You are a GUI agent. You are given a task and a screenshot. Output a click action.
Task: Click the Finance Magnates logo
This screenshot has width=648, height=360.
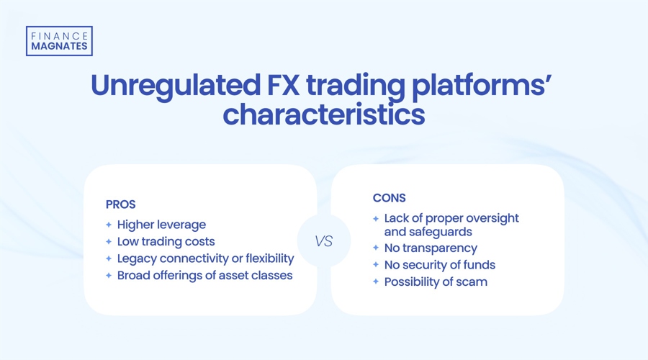(59, 41)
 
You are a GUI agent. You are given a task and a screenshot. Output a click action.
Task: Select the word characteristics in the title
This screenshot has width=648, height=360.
(323, 115)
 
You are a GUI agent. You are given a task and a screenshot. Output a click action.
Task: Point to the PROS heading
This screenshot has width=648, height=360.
(122, 205)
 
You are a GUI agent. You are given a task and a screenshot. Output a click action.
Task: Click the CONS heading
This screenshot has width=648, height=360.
(389, 198)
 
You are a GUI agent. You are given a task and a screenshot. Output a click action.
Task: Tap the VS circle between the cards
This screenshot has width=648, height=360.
(324, 241)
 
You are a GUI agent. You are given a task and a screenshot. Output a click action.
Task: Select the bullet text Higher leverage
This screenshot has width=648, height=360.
(161, 225)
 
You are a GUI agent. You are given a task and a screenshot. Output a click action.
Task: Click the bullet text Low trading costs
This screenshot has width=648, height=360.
(166, 241)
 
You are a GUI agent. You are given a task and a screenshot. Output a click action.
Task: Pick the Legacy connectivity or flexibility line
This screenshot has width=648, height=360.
(205, 258)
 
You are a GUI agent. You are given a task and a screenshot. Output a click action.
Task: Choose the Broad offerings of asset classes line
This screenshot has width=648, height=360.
(204, 274)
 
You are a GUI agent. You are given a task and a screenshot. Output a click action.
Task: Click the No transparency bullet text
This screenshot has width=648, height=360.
(431, 248)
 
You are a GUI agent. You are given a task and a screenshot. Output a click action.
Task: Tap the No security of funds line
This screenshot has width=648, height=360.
(439, 264)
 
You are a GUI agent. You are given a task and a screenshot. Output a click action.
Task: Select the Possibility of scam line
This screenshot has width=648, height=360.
(436, 282)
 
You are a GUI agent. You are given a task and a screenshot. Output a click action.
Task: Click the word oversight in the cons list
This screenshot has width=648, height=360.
(490, 217)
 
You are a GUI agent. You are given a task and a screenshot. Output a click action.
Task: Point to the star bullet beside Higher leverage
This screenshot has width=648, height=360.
(109, 225)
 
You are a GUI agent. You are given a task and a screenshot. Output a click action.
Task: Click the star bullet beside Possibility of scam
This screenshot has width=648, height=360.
(376, 282)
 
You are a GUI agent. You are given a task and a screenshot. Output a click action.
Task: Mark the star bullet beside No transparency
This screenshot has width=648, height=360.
(376, 248)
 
